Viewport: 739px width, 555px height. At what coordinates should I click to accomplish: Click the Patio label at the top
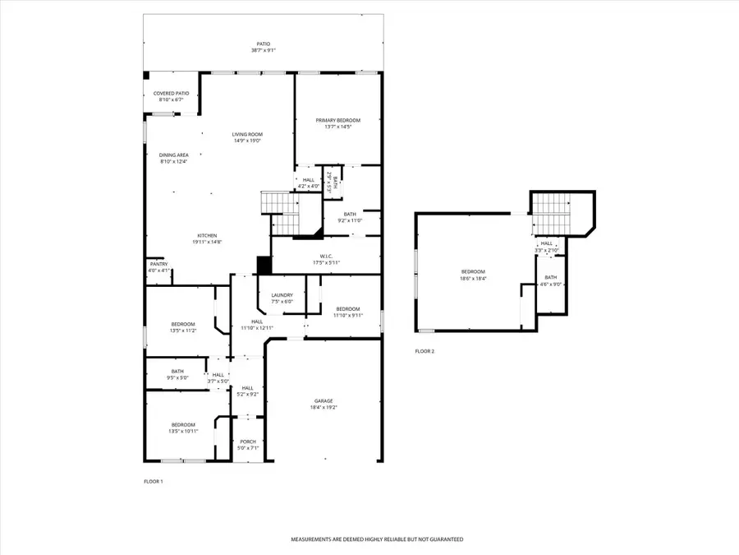[263, 44]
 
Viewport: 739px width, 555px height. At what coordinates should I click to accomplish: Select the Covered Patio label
[171, 94]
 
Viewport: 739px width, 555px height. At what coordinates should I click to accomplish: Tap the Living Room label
[246, 134]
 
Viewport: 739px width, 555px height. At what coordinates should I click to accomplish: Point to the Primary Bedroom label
[337, 120]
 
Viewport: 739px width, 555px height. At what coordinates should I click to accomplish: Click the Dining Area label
[173, 155]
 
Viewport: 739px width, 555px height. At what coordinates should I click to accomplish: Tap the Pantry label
[158, 264]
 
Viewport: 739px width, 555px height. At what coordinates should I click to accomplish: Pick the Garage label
[324, 401]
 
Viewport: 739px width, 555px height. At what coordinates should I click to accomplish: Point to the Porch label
[248, 442]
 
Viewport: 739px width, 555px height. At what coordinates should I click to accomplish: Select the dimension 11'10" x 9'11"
[347, 315]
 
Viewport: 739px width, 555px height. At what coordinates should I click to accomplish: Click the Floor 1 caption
[154, 481]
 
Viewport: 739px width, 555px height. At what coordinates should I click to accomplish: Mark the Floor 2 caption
[425, 351]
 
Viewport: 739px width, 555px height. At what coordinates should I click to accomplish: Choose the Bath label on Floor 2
[550, 277]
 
